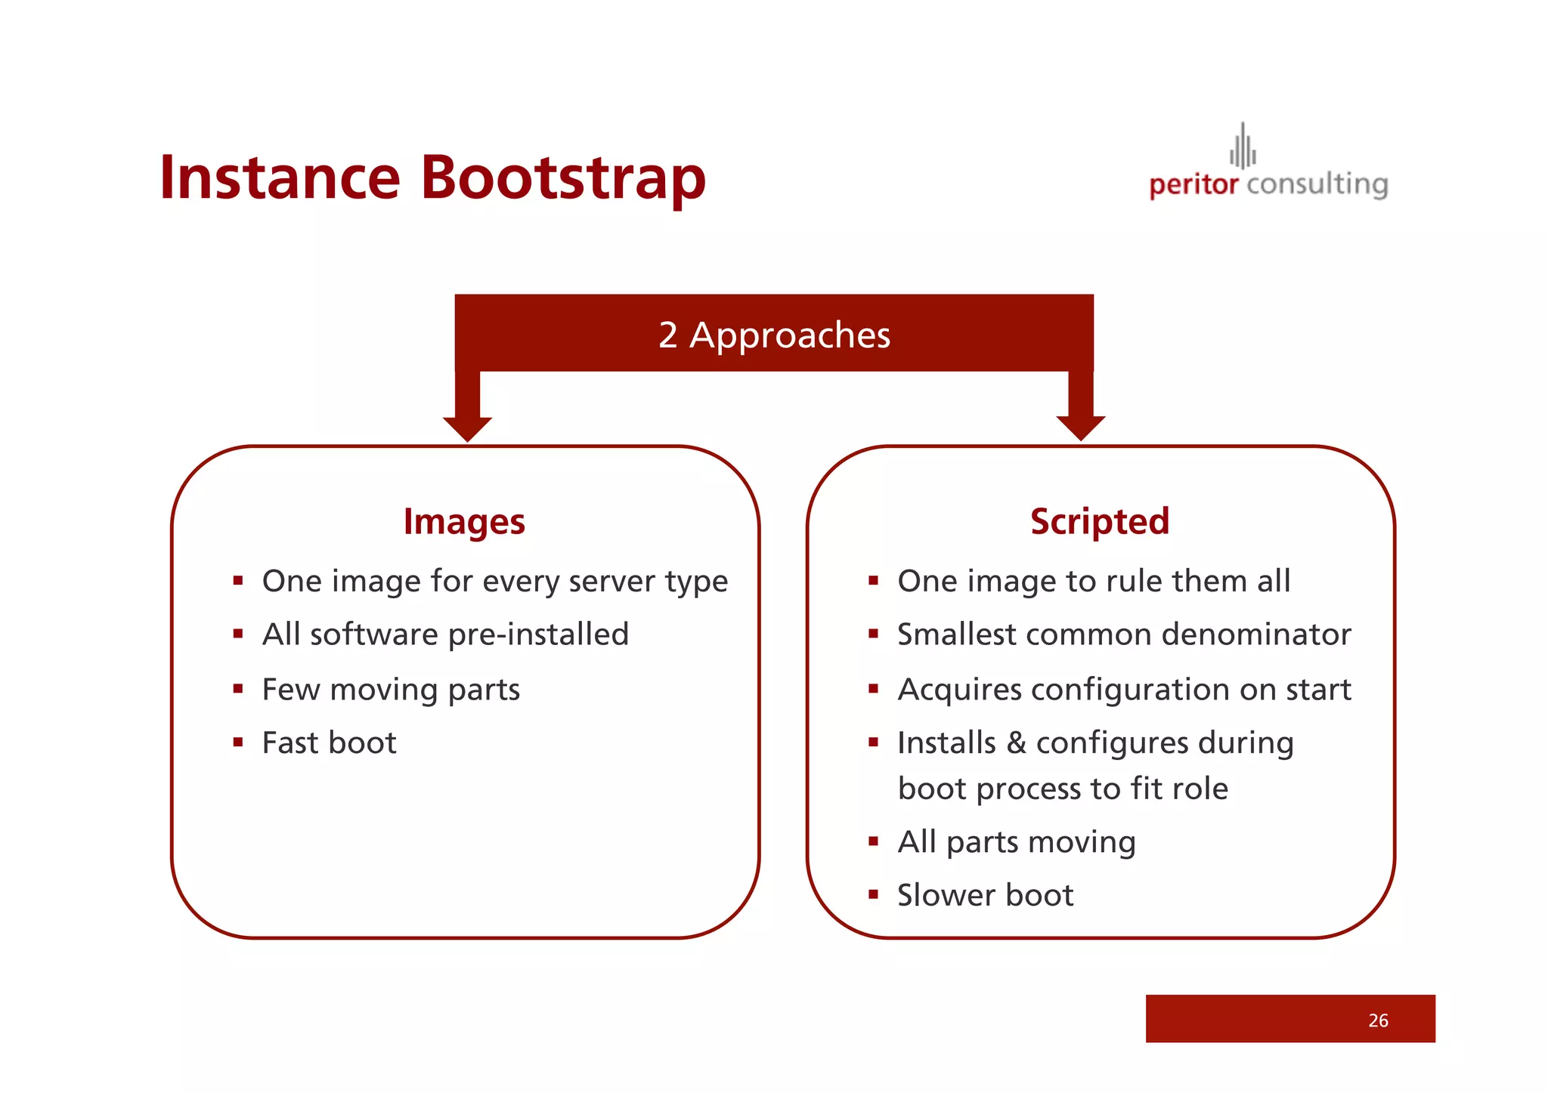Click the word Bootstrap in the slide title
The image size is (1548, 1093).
562,178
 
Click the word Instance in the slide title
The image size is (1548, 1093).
280,178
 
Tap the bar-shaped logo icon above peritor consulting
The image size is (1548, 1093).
1243,147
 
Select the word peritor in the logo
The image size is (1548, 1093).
1194,184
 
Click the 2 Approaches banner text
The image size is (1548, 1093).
774,335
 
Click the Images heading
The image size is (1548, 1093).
464,522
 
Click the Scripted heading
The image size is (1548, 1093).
1099,522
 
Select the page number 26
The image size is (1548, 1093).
1377,1020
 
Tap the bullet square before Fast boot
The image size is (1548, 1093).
238,743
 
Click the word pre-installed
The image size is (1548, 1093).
538,635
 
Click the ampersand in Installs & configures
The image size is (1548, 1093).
1016,743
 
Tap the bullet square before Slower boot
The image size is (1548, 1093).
873,895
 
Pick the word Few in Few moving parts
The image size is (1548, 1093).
290,690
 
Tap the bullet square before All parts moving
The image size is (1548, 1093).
873,841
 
